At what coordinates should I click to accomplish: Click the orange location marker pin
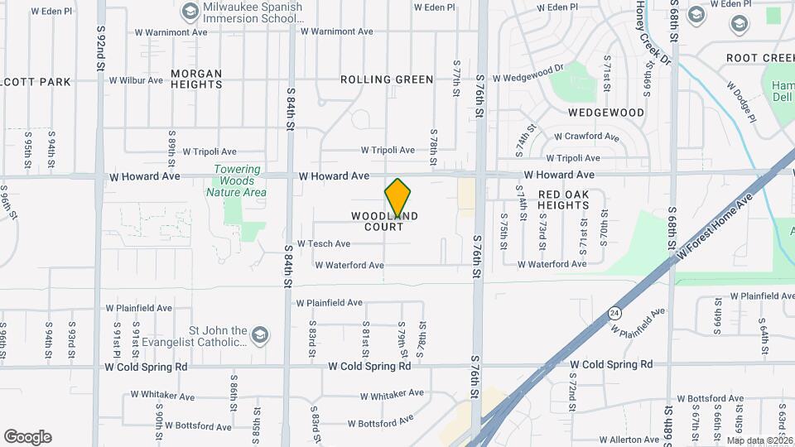tap(398, 198)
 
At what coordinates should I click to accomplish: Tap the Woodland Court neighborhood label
tap(384, 221)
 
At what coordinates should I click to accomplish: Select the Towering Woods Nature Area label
tap(237, 181)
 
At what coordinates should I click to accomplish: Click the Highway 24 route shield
tap(614, 313)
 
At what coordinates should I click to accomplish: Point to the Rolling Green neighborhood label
tap(387, 79)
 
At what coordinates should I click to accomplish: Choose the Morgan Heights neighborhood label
tap(196, 79)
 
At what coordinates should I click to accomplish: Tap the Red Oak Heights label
tap(563, 199)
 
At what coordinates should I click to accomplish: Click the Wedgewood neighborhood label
tap(606, 113)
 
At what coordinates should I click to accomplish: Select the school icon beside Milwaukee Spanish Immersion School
tap(190, 12)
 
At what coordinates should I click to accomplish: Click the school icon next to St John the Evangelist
tap(260, 334)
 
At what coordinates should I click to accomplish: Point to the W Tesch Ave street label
tap(323, 244)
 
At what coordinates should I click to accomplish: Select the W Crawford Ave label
tap(586, 137)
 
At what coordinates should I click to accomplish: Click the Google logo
tap(27, 437)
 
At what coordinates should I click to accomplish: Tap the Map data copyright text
tap(759, 441)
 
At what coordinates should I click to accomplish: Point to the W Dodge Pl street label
tap(741, 101)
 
